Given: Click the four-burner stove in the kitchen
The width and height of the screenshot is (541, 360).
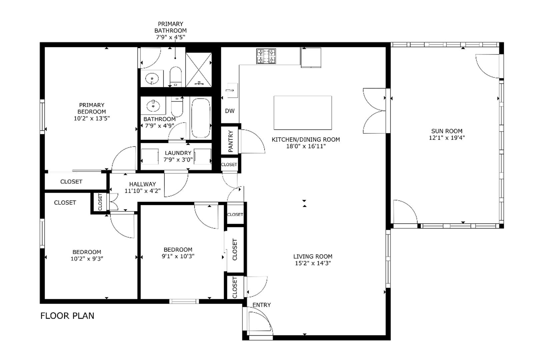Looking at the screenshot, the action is [266, 56].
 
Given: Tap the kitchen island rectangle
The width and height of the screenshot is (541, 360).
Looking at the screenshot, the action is [303, 113].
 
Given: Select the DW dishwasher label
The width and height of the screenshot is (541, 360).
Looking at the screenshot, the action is [230, 111].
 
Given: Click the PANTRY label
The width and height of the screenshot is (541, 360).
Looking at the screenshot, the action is [231, 141].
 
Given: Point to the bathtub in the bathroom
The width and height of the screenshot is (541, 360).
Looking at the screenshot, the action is [201, 118].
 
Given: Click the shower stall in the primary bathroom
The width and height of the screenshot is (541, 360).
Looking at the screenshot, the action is [199, 70].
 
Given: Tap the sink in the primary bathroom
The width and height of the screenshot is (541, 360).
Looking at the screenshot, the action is [152, 78].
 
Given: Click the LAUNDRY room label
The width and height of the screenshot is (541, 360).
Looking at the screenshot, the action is [178, 153].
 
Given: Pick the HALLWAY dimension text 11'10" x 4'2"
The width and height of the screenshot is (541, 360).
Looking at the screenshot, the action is [142, 191].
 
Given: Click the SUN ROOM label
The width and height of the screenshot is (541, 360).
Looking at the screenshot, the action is [447, 131].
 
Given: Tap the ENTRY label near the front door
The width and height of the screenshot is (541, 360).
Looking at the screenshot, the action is [262, 305].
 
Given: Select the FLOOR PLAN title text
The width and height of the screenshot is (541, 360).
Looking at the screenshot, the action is [67, 316].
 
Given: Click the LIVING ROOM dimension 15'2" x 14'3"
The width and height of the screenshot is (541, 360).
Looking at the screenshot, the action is [313, 263].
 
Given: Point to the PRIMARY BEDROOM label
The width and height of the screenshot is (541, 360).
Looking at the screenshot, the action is [92, 108].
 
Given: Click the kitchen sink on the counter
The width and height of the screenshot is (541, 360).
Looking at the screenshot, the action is [233, 90].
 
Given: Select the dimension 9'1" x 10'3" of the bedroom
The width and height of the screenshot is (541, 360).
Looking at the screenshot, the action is [178, 256].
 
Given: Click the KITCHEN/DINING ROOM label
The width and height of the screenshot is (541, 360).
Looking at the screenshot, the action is [306, 140].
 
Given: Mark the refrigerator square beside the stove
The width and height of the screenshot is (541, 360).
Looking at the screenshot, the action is [311, 57].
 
